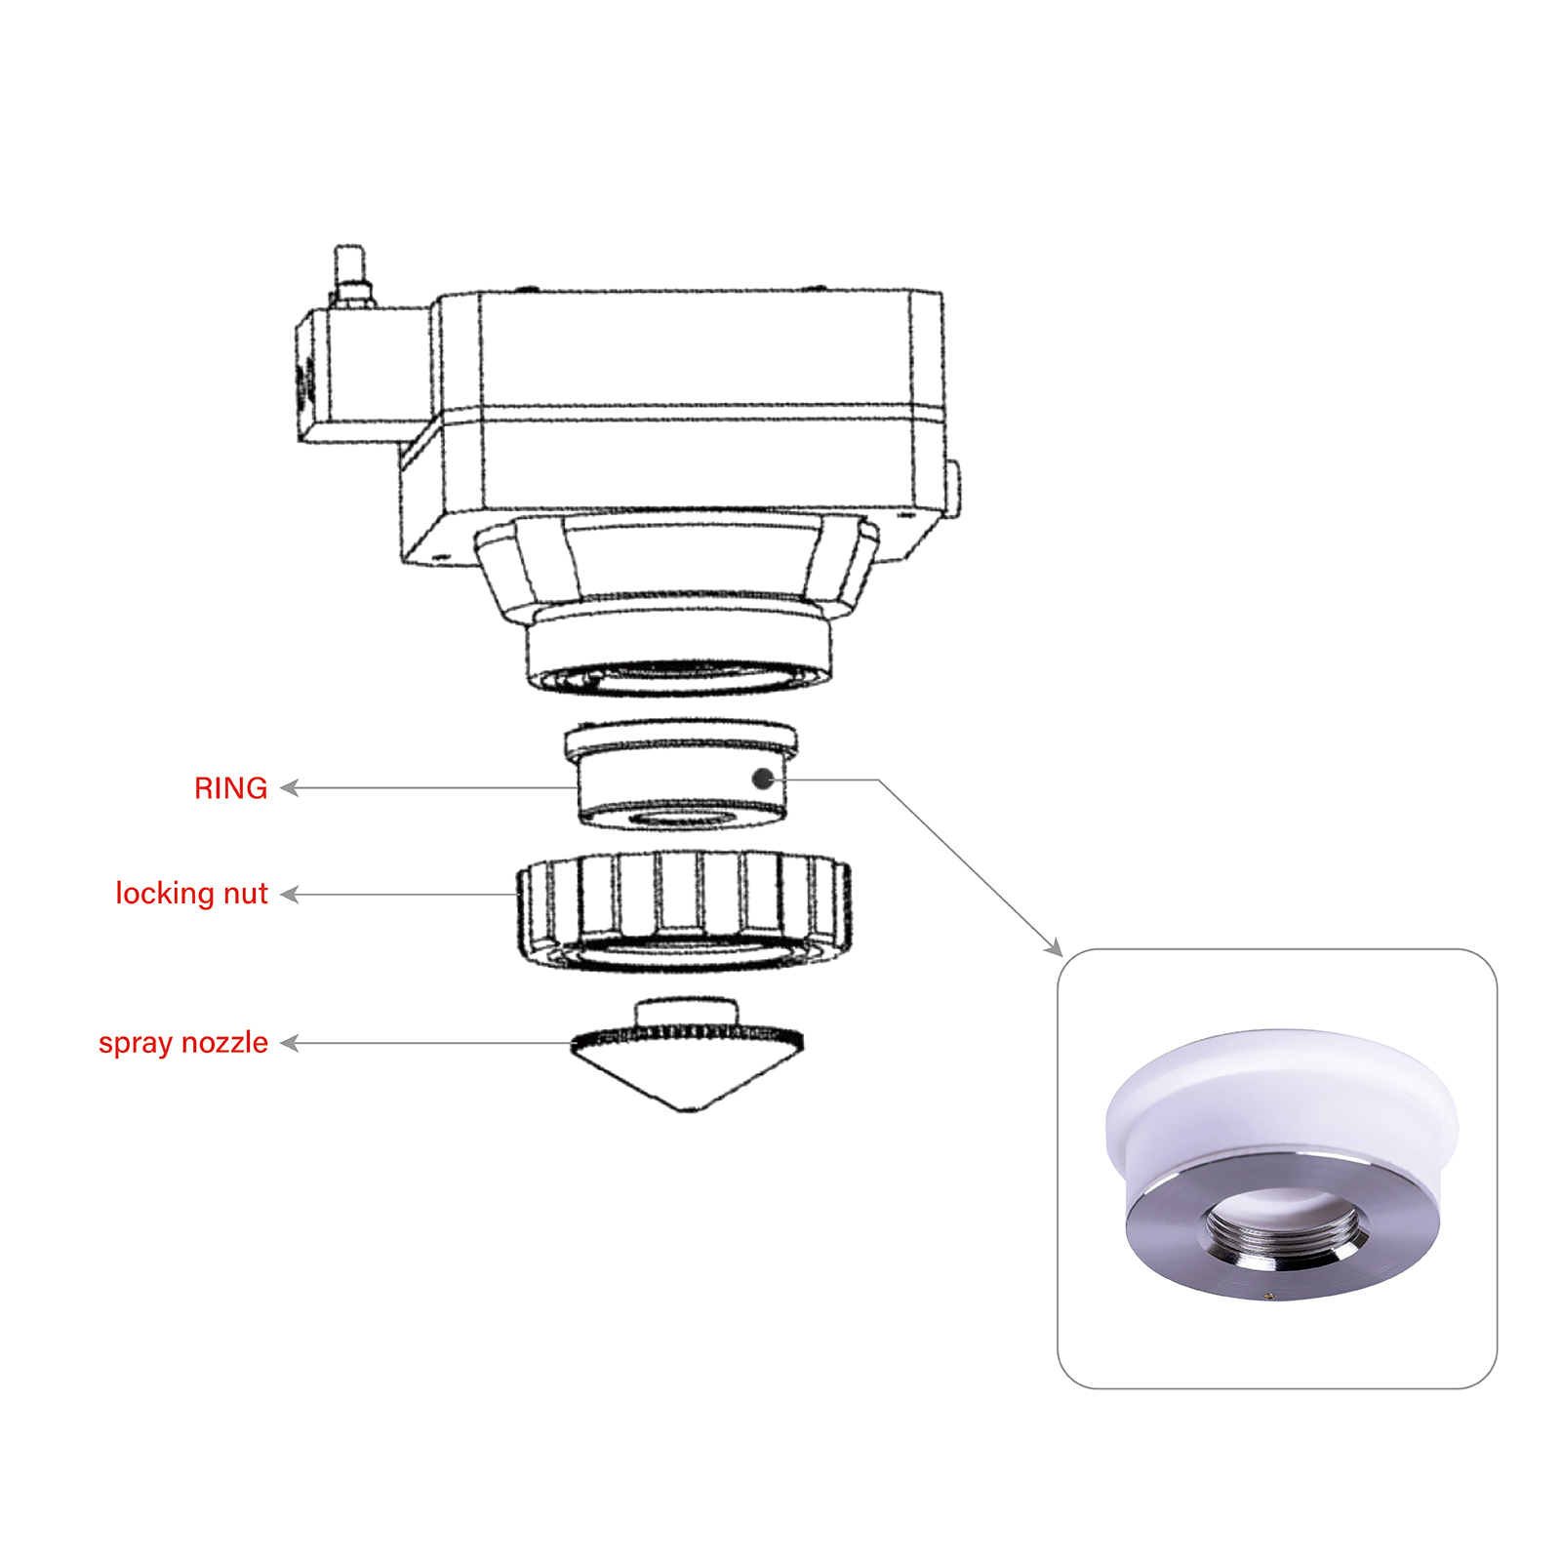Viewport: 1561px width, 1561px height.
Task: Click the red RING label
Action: point(231,788)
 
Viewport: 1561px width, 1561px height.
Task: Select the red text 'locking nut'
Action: point(191,894)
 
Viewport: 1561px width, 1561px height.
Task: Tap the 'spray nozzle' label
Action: point(183,1043)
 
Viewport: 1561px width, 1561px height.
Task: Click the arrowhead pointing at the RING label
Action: point(290,788)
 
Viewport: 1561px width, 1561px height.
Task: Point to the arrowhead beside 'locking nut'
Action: point(290,895)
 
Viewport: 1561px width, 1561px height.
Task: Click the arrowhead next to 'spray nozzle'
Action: point(290,1044)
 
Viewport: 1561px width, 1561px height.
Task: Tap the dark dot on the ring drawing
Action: point(764,780)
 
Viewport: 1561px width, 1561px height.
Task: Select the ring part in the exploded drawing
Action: point(681,776)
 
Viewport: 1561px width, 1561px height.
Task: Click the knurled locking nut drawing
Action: point(684,912)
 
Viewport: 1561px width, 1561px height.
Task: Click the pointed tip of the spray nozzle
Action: point(689,1110)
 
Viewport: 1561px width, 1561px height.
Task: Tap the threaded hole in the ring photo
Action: point(1285,1236)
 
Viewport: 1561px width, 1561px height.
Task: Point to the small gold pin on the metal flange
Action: point(1268,1296)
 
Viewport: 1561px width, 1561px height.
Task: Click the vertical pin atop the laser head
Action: point(349,275)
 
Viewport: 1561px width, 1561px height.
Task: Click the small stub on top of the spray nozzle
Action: point(683,1013)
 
